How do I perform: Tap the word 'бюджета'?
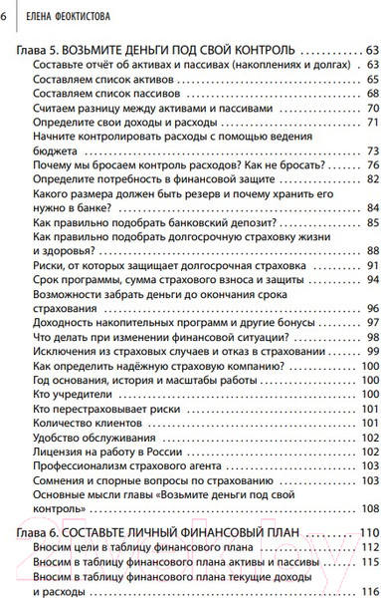pos(55,150)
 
